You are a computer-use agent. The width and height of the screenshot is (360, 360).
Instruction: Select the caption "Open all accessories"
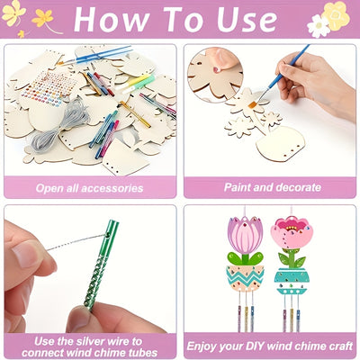[x=89, y=188]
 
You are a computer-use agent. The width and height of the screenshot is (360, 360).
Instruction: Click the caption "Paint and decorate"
[x=273, y=187]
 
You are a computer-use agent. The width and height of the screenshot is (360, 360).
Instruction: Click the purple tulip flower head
[x=246, y=235]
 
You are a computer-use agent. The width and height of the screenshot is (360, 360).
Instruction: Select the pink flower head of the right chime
[x=292, y=232]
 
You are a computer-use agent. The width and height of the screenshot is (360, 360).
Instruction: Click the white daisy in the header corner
[x=319, y=26]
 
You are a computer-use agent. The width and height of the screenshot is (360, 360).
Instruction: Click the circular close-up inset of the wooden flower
[x=215, y=75]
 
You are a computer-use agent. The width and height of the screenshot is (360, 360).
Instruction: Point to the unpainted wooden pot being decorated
[x=280, y=143]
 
